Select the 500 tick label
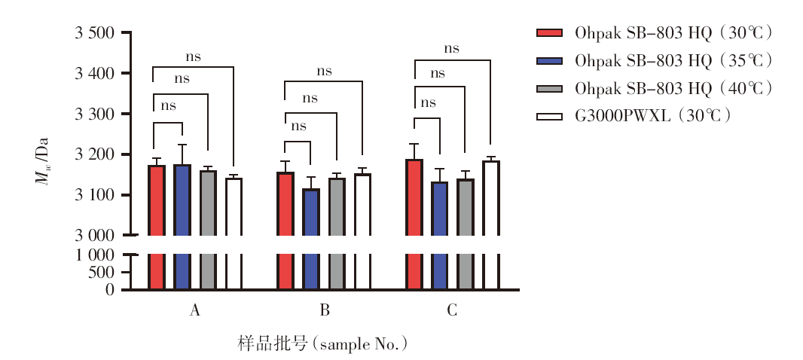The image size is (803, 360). [x=101, y=273]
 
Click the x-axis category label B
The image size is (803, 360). [x=325, y=310]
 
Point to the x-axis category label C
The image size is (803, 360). [x=452, y=310]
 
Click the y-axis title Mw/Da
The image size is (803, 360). [x=41, y=161]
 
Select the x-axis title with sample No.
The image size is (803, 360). [x=322, y=344]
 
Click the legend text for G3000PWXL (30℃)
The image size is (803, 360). [x=652, y=116]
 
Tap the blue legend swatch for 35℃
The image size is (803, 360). [x=549, y=60]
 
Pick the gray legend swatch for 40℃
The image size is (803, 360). [x=549, y=89]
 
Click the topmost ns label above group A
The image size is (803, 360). [x=194, y=56]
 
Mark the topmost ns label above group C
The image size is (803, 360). [x=451, y=49]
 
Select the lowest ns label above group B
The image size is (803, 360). [x=298, y=126]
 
